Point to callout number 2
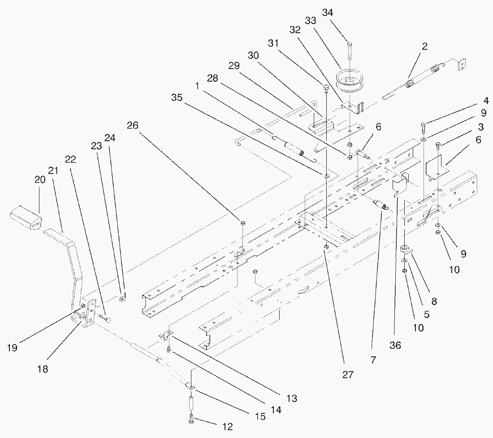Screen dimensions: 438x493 pyautogui.click(x=424, y=46)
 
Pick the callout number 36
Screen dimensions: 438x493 pyautogui.click(x=395, y=345)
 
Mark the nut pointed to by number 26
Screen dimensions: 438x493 pyautogui.click(x=242, y=222)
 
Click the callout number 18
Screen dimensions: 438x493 pyautogui.click(x=43, y=369)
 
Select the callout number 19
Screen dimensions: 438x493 pyautogui.click(x=13, y=347)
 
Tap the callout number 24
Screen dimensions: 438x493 pyautogui.click(x=109, y=138)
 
